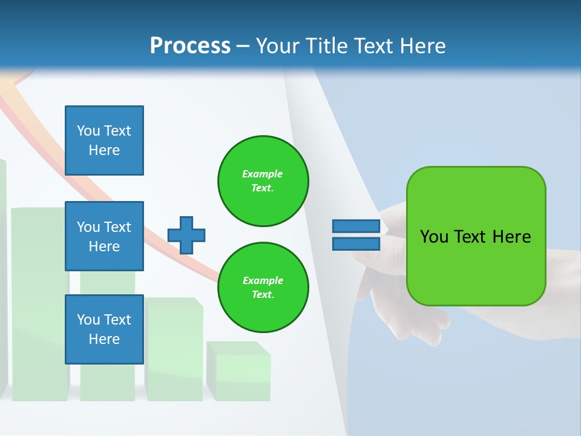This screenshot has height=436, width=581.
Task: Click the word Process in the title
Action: tap(190, 45)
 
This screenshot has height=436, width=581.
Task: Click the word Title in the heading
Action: tap(325, 45)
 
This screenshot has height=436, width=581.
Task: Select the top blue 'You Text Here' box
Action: tap(104, 140)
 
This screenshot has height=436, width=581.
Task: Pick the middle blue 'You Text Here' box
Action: tap(104, 236)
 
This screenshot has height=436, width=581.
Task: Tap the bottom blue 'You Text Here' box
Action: tap(104, 329)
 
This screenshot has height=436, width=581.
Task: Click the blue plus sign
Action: tap(186, 235)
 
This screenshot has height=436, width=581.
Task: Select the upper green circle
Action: tap(263, 181)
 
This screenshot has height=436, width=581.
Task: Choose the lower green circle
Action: tap(263, 288)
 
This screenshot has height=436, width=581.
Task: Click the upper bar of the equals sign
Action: tap(356, 226)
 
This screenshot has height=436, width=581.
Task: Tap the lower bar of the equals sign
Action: tap(356, 243)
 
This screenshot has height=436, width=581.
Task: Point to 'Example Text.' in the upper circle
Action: tap(263, 181)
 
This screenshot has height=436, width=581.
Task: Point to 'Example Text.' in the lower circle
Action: tap(263, 288)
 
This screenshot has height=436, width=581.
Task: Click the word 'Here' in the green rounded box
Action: tap(511, 237)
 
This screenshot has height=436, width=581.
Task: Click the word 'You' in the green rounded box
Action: tap(435, 237)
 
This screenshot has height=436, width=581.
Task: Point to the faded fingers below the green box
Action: tap(418, 321)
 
